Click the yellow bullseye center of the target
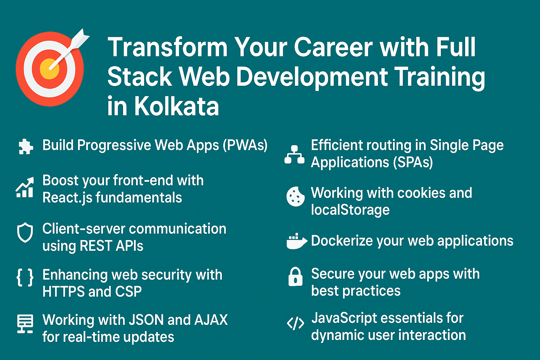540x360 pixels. click(50, 69)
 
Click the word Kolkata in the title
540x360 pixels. click(176, 106)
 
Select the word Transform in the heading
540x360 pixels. click(168, 47)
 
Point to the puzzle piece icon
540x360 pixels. click(26, 146)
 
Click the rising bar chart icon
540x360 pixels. click(25, 187)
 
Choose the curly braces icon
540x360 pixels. click(25, 277)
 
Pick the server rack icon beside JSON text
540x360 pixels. click(25, 323)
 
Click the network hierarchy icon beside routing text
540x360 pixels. click(294, 155)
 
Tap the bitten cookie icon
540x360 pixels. click(295, 197)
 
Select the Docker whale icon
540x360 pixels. click(297, 241)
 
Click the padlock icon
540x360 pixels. click(296, 277)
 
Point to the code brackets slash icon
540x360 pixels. click(296, 323)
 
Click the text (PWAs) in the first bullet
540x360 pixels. click(245, 146)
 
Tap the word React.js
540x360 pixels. click(67, 198)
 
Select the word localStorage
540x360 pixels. click(350, 209)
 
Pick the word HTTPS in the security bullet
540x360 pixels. click(63, 291)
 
